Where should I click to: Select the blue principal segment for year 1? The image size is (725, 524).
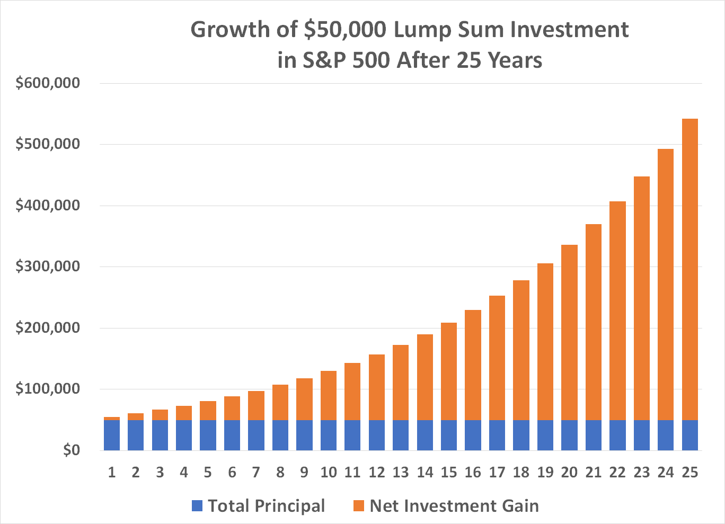click(x=112, y=435)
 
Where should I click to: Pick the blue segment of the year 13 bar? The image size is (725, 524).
click(x=401, y=435)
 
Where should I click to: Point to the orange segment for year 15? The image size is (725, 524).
click(x=449, y=371)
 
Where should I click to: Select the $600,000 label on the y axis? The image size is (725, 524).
click(x=48, y=83)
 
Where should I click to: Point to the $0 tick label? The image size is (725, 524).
click(x=72, y=450)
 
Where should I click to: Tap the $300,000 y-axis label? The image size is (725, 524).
click(x=48, y=267)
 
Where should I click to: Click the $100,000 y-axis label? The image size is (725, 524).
click(x=48, y=389)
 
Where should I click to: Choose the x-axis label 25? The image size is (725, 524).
click(x=689, y=472)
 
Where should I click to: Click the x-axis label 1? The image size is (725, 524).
click(x=112, y=472)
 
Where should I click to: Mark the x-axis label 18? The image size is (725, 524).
click(x=521, y=472)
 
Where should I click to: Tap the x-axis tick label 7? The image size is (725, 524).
click(x=256, y=472)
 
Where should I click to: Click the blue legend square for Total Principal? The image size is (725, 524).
click(x=197, y=506)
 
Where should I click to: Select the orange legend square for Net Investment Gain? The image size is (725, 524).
click(x=359, y=506)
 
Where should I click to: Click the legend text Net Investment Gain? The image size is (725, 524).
click(x=454, y=506)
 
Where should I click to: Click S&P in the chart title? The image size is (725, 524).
click(x=324, y=60)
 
